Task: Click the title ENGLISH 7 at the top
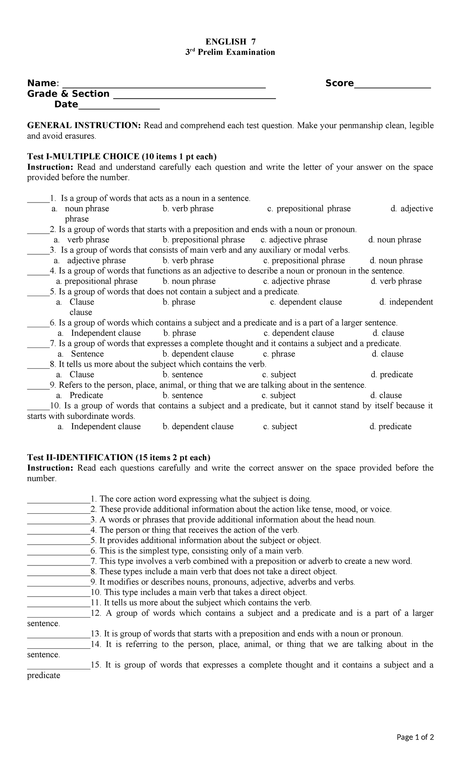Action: [230, 41]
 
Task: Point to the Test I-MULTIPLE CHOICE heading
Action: [122, 157]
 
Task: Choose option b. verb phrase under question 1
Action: [188, 209]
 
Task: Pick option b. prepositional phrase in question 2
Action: [204, 240]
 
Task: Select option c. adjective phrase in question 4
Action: [296, 281]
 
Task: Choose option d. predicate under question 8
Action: [391, 375]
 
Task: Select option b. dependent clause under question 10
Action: [198, 427]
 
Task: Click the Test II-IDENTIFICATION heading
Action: [119, 457]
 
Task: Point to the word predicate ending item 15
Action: [43, 676]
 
